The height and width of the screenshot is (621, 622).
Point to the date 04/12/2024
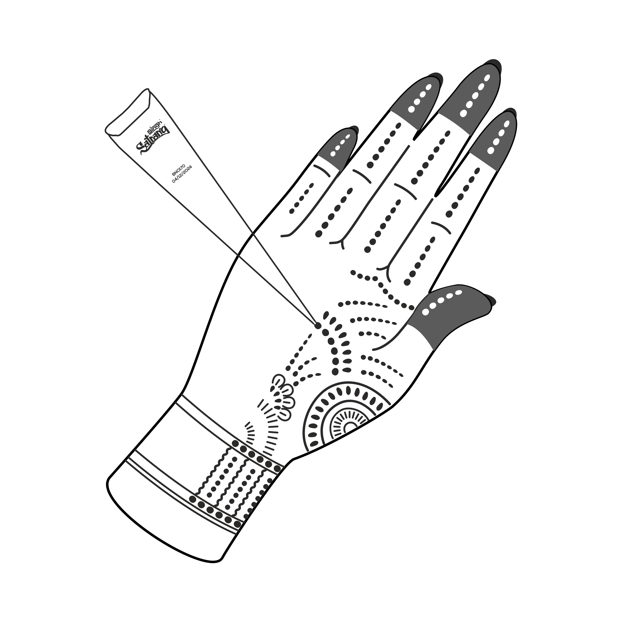tap(182, 174)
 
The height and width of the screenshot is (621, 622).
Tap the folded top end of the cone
tap(129, 113)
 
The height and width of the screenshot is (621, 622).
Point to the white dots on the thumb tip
tap(441, 301)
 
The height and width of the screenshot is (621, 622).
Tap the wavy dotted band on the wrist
tap(232, 483)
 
